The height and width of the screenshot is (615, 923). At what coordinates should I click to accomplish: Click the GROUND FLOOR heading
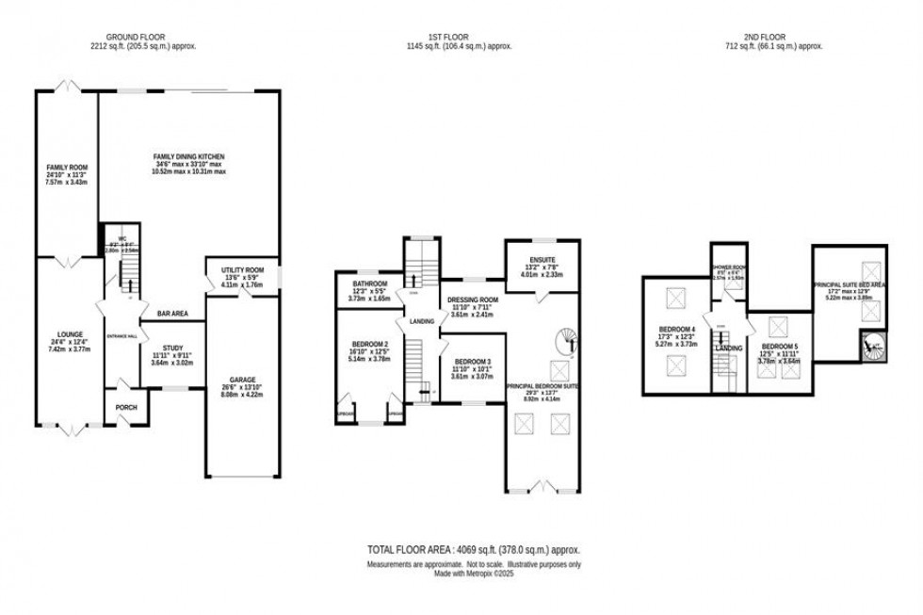[x=142, y=37]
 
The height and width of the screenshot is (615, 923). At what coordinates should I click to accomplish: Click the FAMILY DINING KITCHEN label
[x=190, y=155]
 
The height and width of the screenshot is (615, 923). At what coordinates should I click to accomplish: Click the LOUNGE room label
[x=67, y=334]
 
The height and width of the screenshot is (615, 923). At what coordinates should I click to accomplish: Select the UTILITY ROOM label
[x=243, y=269]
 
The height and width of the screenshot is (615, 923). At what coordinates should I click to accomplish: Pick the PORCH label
[x=126, y=407]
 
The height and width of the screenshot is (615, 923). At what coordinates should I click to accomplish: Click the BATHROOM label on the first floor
[x=370, y=283]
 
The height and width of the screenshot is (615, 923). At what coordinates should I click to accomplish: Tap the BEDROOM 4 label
[x=678, y=330]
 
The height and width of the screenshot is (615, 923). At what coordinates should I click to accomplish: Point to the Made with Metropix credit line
[x=474, y=572]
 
